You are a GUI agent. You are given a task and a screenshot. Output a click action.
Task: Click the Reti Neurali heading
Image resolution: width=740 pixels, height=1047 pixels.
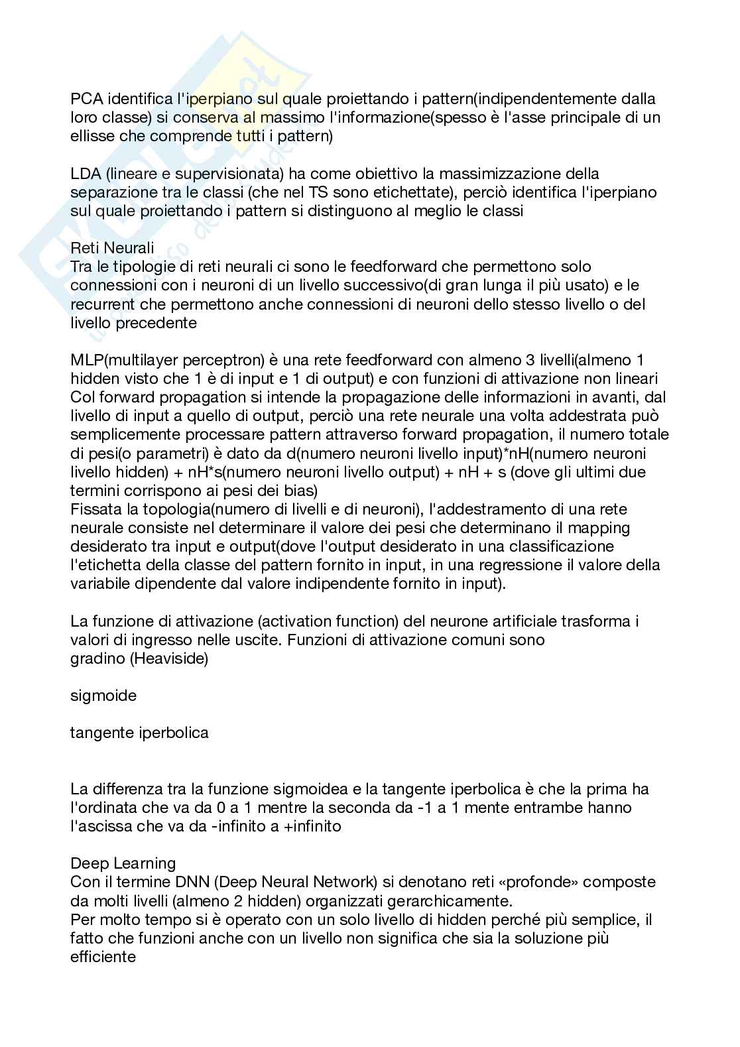click(112, 248)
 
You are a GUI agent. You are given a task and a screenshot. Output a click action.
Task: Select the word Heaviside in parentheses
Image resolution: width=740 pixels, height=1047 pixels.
click(170, 659)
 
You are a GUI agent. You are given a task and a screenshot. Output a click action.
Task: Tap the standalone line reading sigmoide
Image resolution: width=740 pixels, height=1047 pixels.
click(103, 696)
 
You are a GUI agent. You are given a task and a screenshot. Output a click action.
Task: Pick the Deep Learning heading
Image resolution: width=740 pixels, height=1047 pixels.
click(123, 863)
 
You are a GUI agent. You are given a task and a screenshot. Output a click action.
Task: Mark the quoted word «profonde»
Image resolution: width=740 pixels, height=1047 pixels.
click(530, 883)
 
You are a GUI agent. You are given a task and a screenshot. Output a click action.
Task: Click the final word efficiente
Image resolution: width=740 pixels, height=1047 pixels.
click(103, 957)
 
